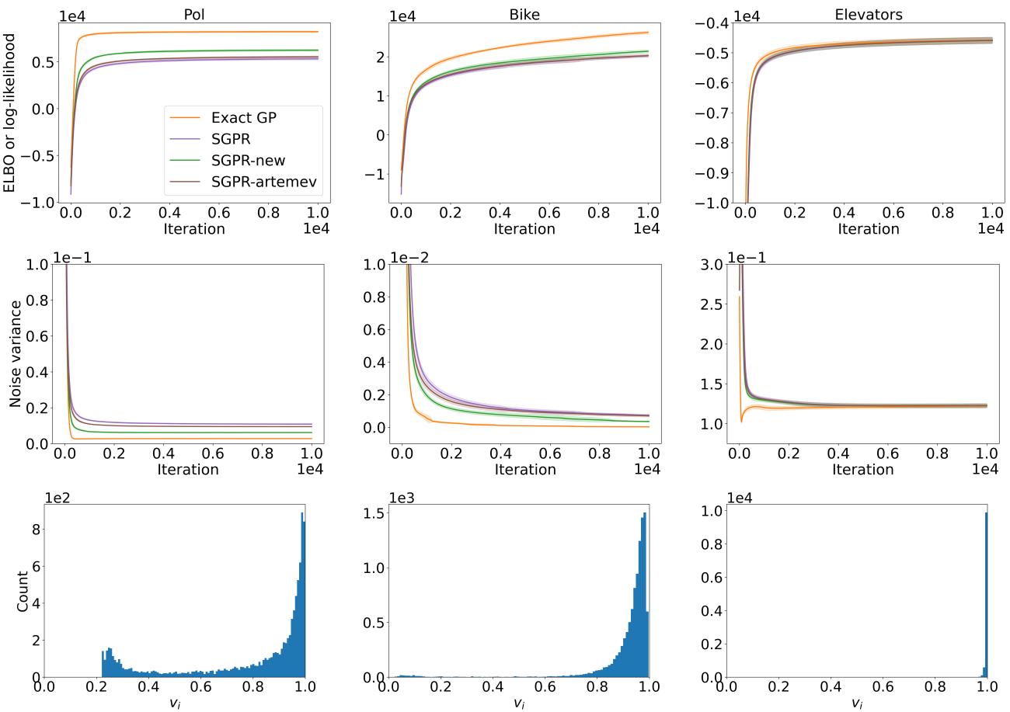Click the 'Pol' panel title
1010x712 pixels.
point(193,15)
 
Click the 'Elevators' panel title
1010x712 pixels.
point(868,15)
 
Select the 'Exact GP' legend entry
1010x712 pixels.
point(243,118)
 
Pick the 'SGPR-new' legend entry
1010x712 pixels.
point(248,160)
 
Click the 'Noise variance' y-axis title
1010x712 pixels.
point(16,354)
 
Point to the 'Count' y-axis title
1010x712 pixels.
point(23,592)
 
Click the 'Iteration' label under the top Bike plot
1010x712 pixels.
point(524,229)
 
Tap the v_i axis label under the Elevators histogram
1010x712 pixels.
point(856,703)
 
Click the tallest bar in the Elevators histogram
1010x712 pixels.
point(986,594)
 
